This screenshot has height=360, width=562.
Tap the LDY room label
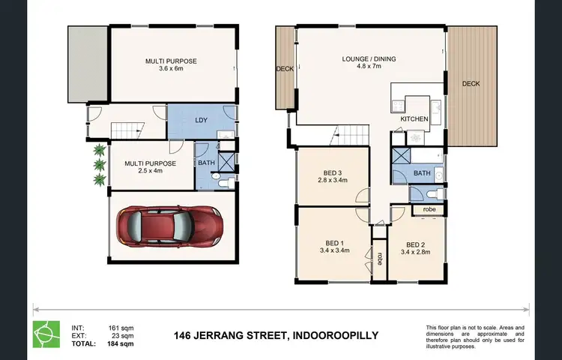click(x=201, y=120)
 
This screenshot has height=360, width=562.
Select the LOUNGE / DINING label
click(x=369, y=58)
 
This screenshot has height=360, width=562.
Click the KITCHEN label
click(x=414, y=119)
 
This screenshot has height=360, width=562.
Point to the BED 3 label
click(x=331, y=172)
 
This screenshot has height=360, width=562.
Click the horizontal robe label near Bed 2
click(x=429, y=209)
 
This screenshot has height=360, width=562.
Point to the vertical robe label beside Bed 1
click(x=380, y=256)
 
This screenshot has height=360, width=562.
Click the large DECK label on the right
click(x=471, y=83)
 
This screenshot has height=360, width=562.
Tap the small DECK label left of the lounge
click(x=285, y=69)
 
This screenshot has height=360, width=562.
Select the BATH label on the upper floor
click(x=422, y=172)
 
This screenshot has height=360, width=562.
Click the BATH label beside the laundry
click(x=205, y=162)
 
